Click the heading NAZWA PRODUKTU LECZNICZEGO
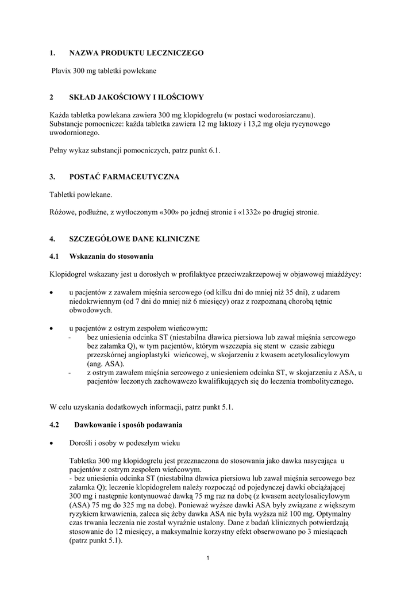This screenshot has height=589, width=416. tap(136, 53)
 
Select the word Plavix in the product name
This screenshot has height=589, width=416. tap(63, 71)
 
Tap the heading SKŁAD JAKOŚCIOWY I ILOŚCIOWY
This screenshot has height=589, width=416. tap(136, 97)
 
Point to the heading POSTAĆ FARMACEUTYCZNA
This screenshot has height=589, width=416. tap(124, 177)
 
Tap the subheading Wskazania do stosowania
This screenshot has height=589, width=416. tap(111, 256)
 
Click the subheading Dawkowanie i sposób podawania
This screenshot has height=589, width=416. tap(128, 425)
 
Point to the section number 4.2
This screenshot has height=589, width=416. tap(55, 425)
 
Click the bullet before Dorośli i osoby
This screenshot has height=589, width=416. tap(52, 443)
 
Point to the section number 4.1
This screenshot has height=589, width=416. tap(55, 256)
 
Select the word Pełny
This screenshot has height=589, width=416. tap(60, 150)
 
